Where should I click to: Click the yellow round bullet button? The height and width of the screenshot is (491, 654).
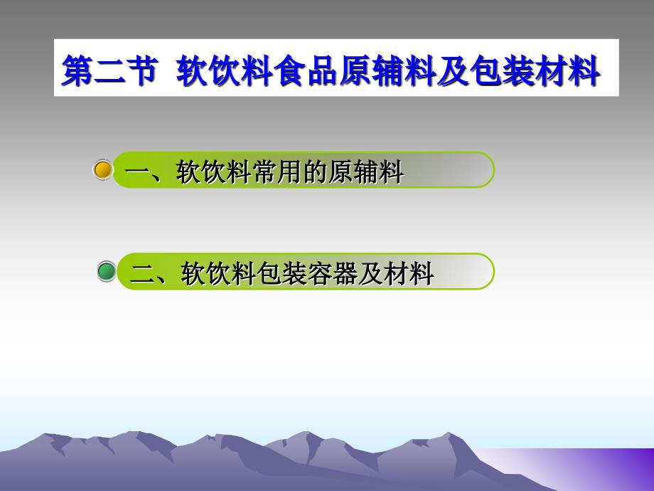102,170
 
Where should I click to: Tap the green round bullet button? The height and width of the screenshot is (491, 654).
107,271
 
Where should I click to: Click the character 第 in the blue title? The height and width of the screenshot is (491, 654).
78,70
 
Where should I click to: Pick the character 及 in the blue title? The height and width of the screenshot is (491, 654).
454,70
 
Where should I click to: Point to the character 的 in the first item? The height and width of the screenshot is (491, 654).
316,171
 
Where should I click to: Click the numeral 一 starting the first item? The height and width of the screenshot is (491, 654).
137,171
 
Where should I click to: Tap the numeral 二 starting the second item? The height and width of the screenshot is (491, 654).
142,274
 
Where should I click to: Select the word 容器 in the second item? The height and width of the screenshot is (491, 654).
333,273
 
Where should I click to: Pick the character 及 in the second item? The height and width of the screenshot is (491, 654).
371,273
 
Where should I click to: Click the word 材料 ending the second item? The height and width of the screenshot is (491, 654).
409,273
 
